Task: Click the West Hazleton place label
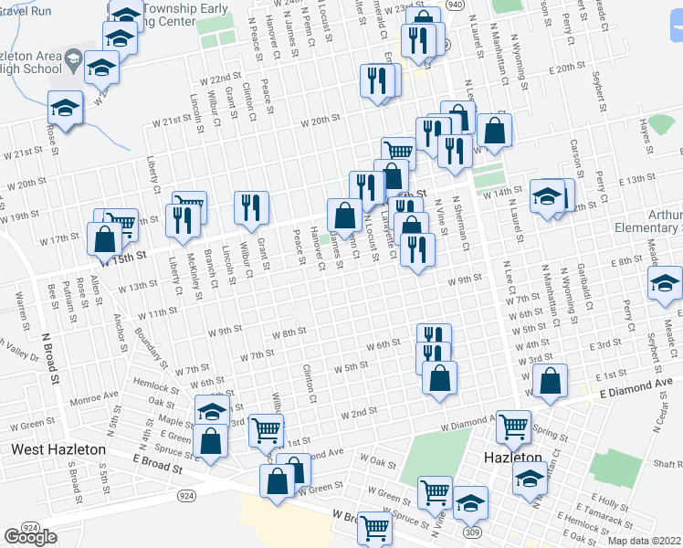click(59, 450)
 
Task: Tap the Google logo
click(30, 537)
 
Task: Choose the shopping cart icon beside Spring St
click(514, 426)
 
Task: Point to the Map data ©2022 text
click(646, 541)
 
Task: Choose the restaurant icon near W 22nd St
click(376, 80)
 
